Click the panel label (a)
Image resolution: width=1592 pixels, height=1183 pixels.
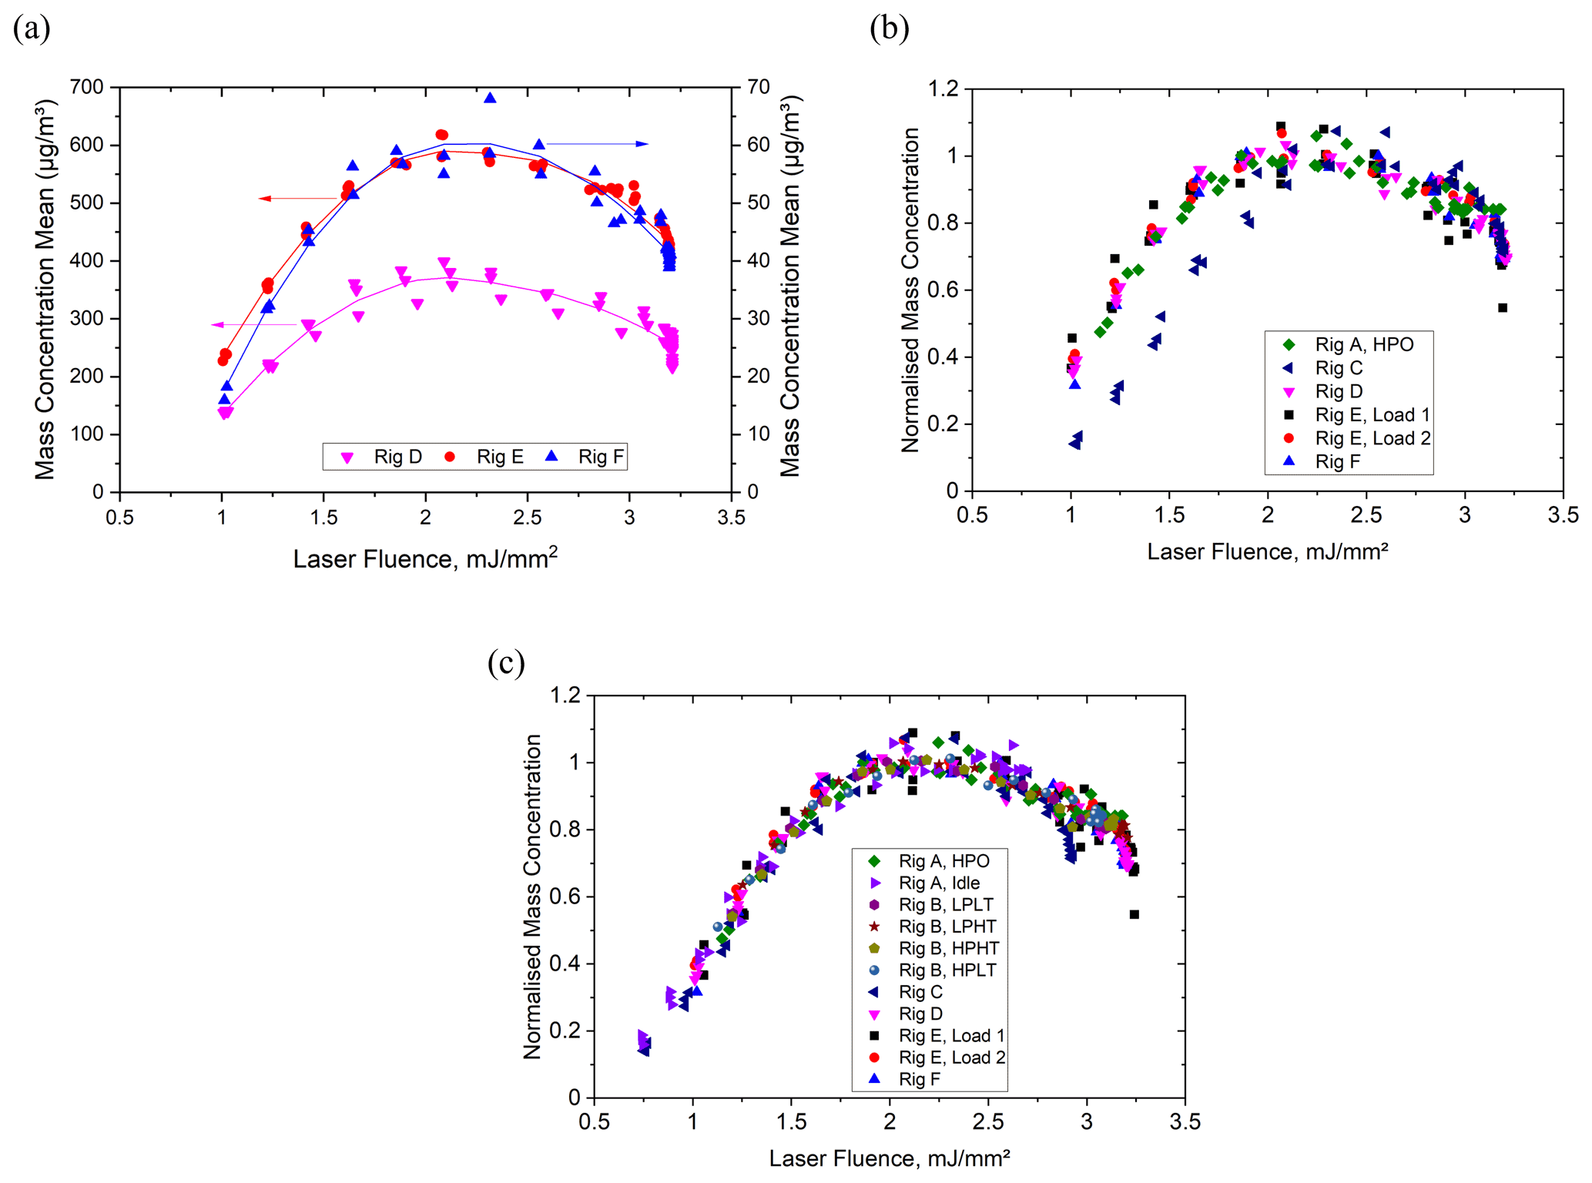[32, 29]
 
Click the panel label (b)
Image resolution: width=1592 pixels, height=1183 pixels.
[889, 29]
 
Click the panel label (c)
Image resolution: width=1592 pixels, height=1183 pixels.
[506, 663]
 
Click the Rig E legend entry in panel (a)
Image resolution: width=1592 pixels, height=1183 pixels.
[485, 457]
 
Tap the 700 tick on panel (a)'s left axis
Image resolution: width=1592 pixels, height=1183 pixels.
[86, 87]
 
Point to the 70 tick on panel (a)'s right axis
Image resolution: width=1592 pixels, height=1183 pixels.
[759, 87]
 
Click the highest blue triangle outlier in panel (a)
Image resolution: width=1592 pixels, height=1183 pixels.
[490, 98]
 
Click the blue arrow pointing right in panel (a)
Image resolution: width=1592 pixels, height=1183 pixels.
[597, 144]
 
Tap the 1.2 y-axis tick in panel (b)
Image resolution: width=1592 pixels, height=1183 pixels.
[944, 89]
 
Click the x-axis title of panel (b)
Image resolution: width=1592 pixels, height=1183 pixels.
[1268, 551]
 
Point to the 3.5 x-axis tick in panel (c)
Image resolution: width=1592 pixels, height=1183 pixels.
[1185, 1121]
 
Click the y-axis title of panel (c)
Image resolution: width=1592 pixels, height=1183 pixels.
[532, 896]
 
